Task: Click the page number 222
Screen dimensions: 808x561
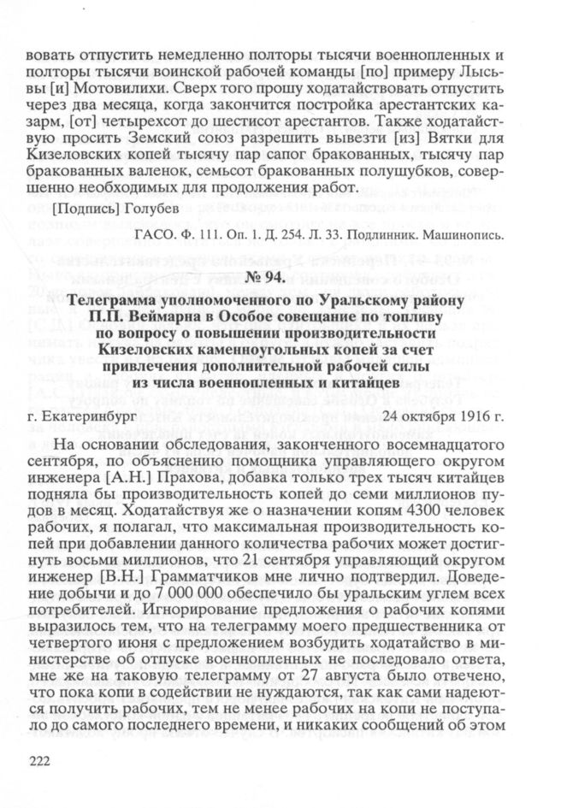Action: pos(40,763)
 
